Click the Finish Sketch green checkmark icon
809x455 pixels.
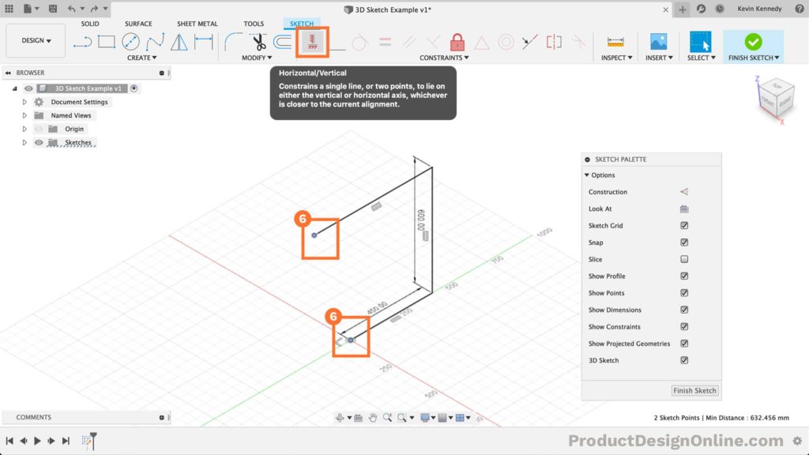click(753, 42)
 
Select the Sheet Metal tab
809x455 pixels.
click(197, 24)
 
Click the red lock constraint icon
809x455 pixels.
click(457, 42)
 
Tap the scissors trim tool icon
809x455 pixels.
click(259, 42)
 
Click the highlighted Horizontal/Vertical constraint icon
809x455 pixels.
click(311, 42)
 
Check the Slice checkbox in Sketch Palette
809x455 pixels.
click(684, 259)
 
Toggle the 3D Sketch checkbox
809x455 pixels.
click(684, 360)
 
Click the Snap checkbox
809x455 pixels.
click(684, 243)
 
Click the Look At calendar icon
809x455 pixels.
click(684, 209)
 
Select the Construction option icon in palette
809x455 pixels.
click(684, 192)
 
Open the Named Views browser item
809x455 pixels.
click(71, 115)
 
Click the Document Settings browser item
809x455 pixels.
click(79, 102)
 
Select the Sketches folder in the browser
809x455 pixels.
click(77, 143)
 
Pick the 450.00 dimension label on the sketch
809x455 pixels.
click(377, 307)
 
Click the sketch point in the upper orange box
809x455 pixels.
click(314, 235)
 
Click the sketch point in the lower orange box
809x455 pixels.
click(351, 340)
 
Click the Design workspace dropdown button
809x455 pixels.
click(36, 40)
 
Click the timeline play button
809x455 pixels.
click(37, 441)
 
